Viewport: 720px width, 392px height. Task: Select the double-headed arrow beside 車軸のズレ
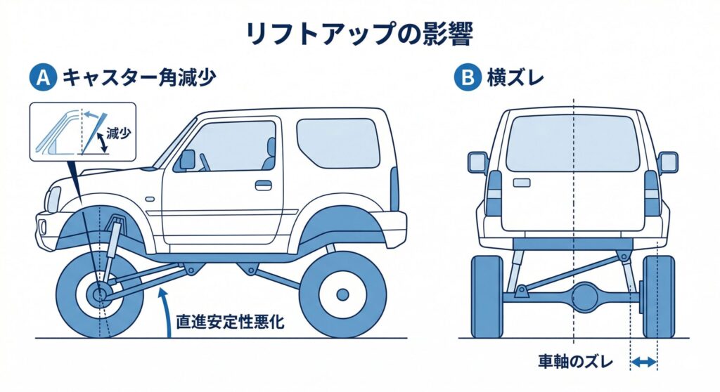(643, 362)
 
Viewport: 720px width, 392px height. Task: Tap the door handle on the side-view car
(263, 185)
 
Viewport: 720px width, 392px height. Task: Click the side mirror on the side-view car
(187, 159)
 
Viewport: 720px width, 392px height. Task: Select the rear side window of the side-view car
(338, 143)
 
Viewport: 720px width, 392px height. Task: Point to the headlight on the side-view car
(53, 200)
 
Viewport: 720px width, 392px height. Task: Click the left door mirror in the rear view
(478, 162)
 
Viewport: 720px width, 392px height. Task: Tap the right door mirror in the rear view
(667, 162)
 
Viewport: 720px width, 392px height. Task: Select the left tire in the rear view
(487, 296)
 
